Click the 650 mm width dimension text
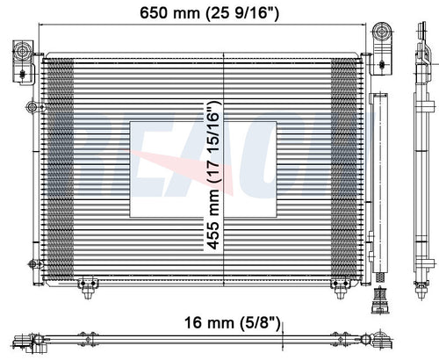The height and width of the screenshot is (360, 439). (209, 13)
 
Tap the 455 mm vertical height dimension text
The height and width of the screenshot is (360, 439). (213, 176)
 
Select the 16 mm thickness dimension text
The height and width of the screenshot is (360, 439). (232, 323)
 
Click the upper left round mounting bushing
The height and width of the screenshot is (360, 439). (23, 52)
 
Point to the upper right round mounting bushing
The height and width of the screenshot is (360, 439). (382, 31)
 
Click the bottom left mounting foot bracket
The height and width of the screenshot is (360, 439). (87, 287)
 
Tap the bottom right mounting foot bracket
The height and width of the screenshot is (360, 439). (340, 287)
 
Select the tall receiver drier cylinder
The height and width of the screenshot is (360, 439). (380, 183)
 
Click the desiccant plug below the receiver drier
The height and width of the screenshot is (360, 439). (380, 300)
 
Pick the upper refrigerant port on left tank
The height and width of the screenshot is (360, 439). (32, 107)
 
